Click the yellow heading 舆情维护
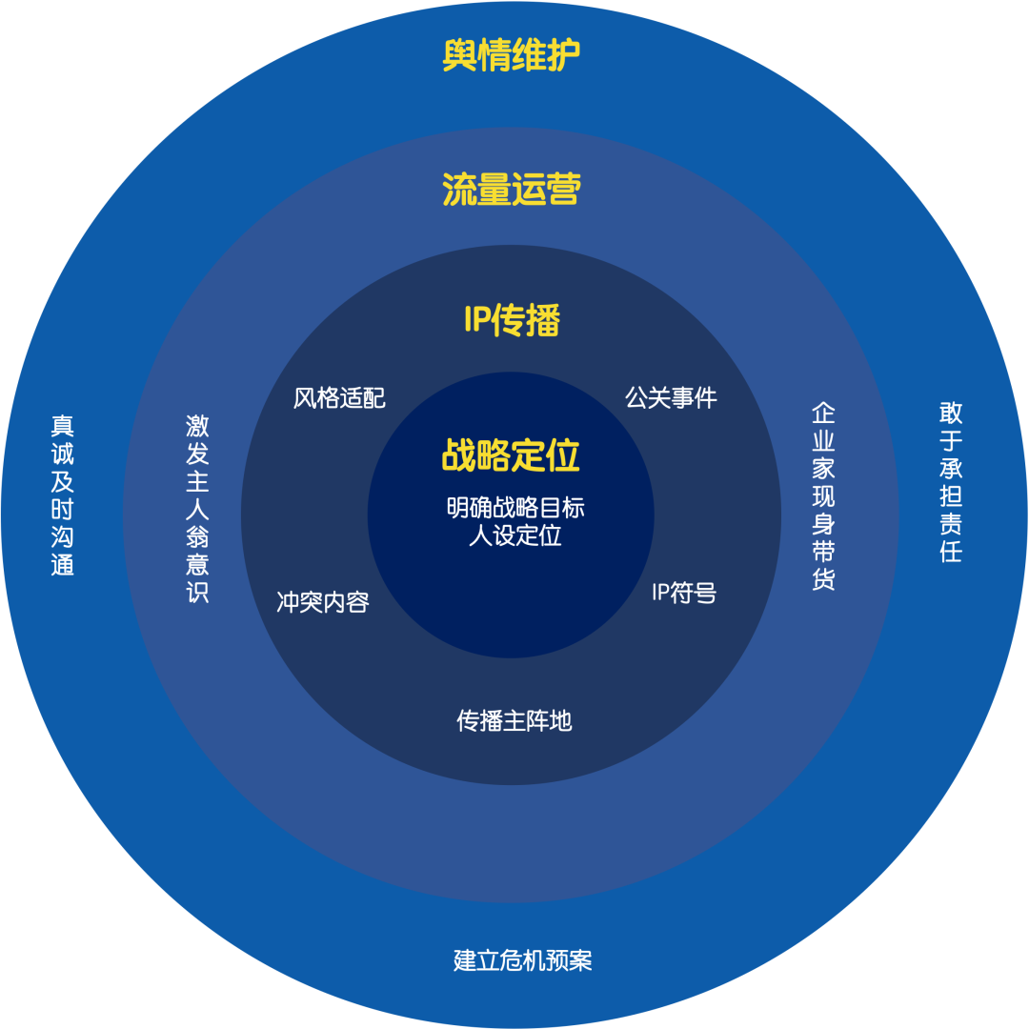click(x=512, y=56)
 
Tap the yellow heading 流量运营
click(x=512, y=190)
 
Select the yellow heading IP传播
click(x=512, y=321)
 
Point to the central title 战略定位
click(x=511, y=455)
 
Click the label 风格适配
click(x=339, y=397)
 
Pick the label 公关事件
click(x=671, y=397)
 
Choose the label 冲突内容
click(x=323, y=602)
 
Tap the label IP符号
click(x=683, y=593)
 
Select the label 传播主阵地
click(x=514, y=720)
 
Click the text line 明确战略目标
click(x=515, y=508)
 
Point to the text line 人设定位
click(x=515, y=535)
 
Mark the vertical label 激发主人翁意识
click(x=197, y=509)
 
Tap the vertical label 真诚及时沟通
click(x=63, y=494)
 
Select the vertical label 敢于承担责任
click(x=950, y=481)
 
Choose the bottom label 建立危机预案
click(x=523, y=959)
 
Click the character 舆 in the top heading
click(x=460, y=56)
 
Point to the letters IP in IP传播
click(x=476, y=321)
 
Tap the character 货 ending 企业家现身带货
click(x=823, y=579)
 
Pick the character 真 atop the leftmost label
click(x=63, y=425)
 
